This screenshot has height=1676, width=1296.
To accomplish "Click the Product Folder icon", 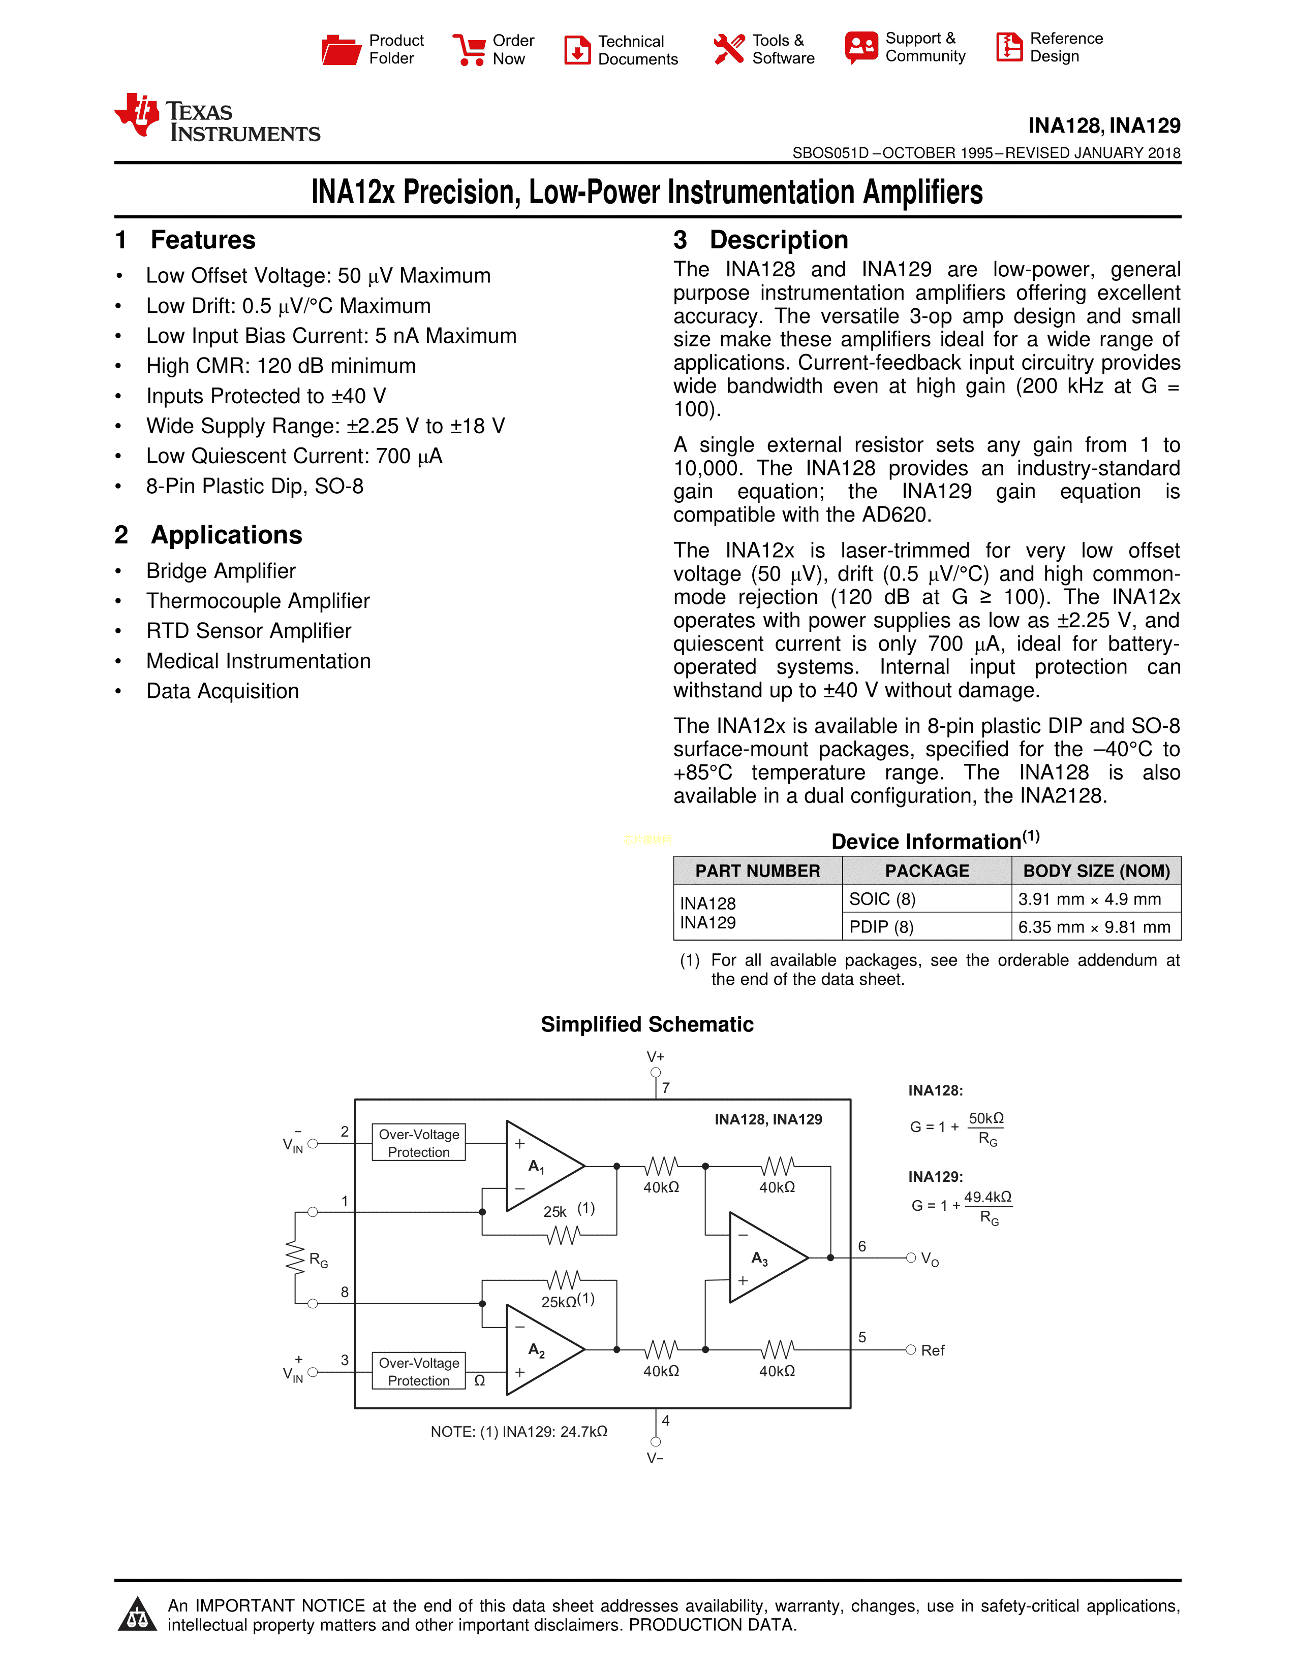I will click(x=341, y=50).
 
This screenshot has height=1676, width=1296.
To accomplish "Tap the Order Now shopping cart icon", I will click(x=469, y=50).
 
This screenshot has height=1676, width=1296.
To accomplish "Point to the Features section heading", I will click(x=203, y=240).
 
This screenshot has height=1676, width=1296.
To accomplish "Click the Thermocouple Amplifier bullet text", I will click(x=258, y=601).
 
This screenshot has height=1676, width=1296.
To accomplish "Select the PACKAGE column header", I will click(x=927, y=871).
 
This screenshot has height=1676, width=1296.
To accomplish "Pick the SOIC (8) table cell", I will click(x=882, y=898).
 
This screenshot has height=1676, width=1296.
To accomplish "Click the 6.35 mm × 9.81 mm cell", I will click(x=1094, y=927).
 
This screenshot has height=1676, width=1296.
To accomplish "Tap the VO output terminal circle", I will click(x=911, y=1258).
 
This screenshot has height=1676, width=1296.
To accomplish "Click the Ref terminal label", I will click(x=933, y=1350).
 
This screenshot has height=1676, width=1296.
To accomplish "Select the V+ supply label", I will click(x=655, y=1057).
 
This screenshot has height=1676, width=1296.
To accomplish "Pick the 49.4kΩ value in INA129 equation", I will click(x=988, y=1197).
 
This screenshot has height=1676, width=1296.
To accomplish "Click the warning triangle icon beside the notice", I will click(x=137, y=1614).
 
